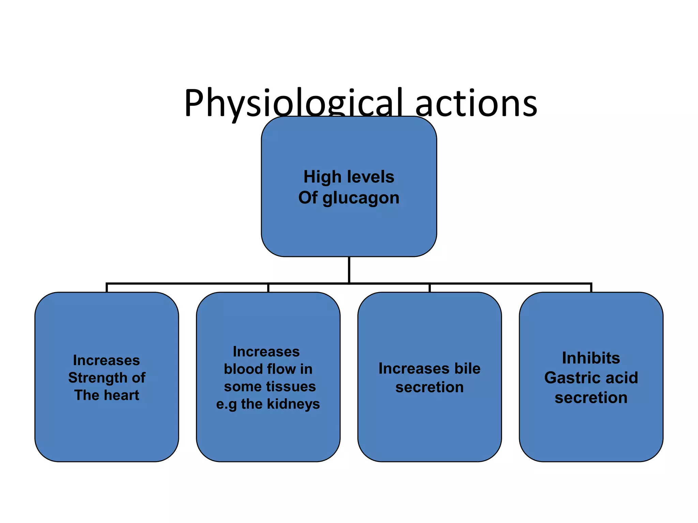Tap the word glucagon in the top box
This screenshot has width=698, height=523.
pyautogui.click(x=361, y=198)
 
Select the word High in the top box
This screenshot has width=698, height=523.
pyautogui.click(x=322, y=177)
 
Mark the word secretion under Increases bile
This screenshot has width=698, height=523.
pyautogui.click(x=429, y=387)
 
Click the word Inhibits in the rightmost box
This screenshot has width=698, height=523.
pyautogui.click(x=591, y=358)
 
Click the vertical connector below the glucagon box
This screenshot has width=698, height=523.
pyautogui.click(x=349, y=269)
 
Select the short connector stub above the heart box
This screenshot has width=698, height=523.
pyautogui.click(x=107, y=288)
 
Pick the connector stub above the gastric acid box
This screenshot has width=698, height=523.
pyautogui.click(x=591, y=288)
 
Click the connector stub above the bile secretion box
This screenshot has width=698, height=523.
pyautogui.click(x=429, y=288)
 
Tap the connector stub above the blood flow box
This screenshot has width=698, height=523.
pyautogui.click(x=268, y=288)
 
